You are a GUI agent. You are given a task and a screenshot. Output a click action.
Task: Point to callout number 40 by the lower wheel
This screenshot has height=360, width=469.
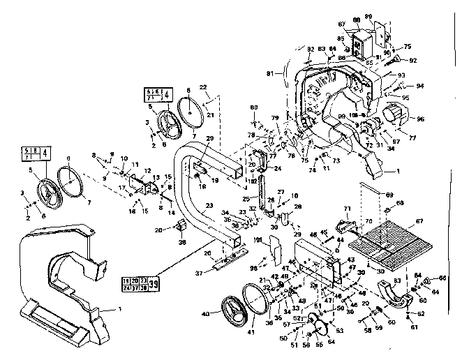[x=205, y=315]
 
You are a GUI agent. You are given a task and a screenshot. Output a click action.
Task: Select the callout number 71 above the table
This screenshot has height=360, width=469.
[x=345, y=209]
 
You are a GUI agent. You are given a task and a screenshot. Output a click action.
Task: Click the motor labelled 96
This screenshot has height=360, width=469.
[x=396, y=115]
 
